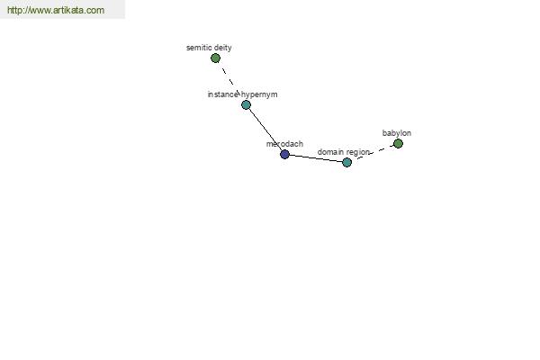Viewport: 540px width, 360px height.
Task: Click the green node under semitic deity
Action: [215, 58]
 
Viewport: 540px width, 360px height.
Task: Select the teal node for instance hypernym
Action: [246, 104]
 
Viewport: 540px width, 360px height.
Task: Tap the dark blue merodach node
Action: [284, 154]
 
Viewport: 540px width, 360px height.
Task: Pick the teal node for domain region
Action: [346, 162]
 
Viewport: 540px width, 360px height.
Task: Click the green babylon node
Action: [398, 143]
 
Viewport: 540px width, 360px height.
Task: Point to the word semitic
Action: [199, 48]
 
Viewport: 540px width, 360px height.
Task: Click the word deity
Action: [223, 48]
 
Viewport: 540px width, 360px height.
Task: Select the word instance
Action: [223, 94]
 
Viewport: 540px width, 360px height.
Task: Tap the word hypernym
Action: [259, 94]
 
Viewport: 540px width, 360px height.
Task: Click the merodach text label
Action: [284, 144]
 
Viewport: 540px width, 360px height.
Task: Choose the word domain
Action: [330, 152]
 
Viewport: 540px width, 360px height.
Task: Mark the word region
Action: [358, 152]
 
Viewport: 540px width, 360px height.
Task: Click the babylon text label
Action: [397, 133]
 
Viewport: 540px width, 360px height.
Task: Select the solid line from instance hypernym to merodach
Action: [265, 130]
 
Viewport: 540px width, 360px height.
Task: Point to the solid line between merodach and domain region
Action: [316, 158]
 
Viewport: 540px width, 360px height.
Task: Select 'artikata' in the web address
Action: [68, 10]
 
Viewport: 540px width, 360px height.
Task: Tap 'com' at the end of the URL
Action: [95, 11]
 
